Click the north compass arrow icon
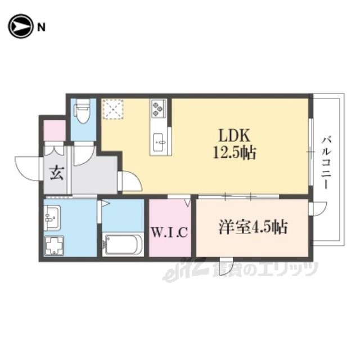(20, 26)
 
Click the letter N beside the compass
(41, 28)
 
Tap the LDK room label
(234, 136)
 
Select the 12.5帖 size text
(235, 153)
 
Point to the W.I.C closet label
(170, 232)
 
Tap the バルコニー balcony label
(327, 163)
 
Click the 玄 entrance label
(57, 173)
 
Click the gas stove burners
(158, 107)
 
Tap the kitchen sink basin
(160, 142)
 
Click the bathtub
(123, 245)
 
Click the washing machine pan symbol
(54, 245)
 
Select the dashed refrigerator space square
(113, 109)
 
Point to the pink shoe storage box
(55, 130)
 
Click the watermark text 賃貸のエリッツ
(266, 269)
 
